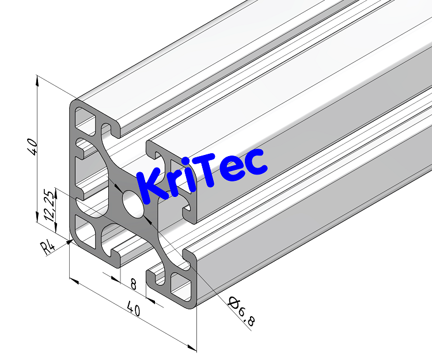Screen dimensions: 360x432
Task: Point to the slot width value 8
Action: [x=134, y=283]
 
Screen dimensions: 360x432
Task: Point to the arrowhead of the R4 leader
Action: [x=69, y=242]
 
